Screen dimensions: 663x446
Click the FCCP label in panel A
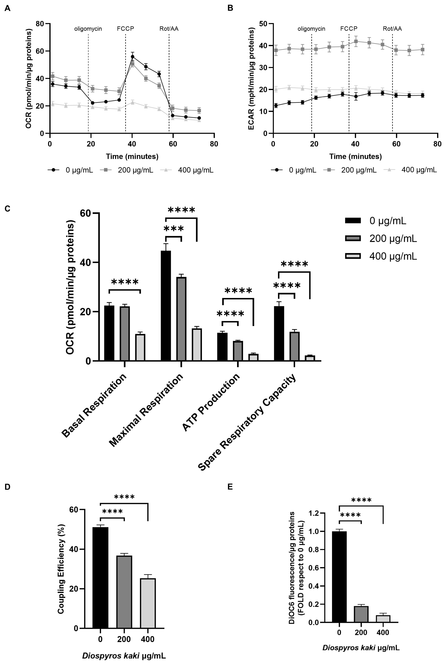point(125,29)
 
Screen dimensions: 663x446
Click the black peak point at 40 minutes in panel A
point(132,57)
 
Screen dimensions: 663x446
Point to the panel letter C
point(7,209)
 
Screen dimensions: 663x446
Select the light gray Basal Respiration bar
point(140,347)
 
